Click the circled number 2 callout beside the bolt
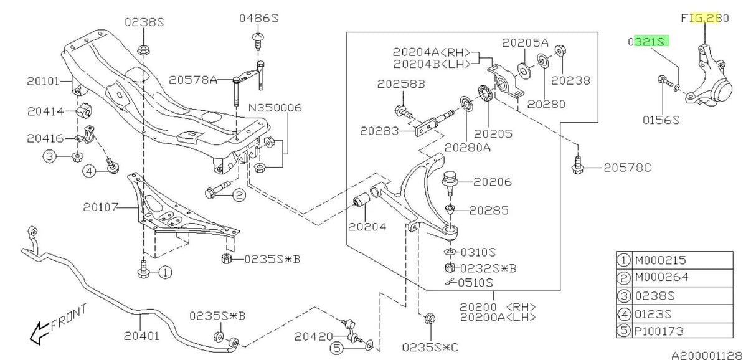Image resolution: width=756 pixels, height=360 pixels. (240, 196)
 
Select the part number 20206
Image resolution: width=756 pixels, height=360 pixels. (492, 182)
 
